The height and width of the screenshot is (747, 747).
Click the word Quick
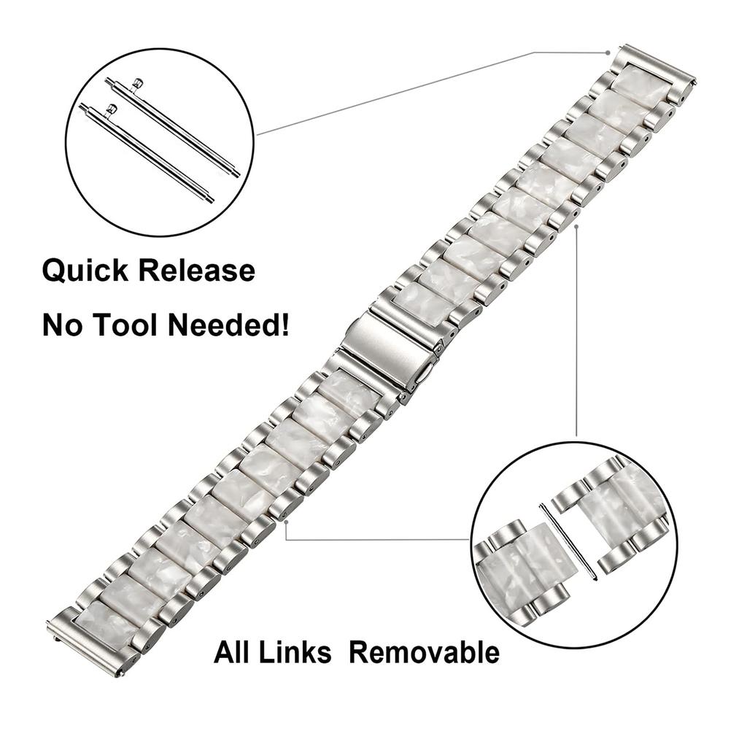[85, 271]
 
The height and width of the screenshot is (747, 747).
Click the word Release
[197, 271]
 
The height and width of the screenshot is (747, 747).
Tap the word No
[61, 325]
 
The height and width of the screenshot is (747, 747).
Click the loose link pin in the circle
[568, 541]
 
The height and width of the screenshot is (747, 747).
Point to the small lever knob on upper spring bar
[139, 84]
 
